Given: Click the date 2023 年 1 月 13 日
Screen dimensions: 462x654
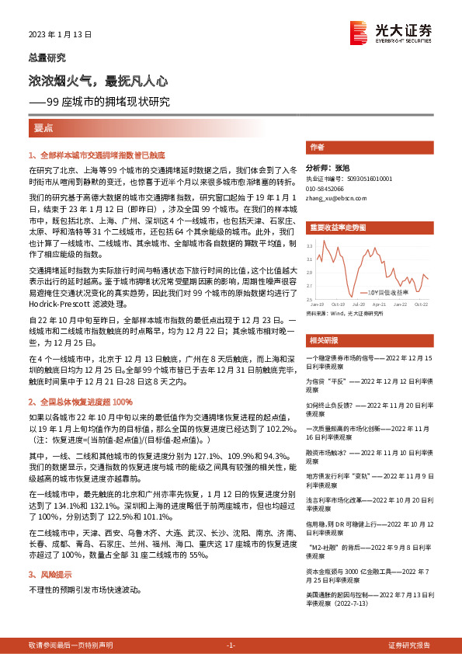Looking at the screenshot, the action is (x=60, y=34).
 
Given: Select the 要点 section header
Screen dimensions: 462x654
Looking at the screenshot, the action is (x=43, y=127).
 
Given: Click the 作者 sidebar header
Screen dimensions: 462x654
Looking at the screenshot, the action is (x=317, y=146).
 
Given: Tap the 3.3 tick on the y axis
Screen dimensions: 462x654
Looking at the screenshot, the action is (x=309, y=245).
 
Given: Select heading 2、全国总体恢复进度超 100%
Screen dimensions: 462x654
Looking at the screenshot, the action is (x=81, y=402).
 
